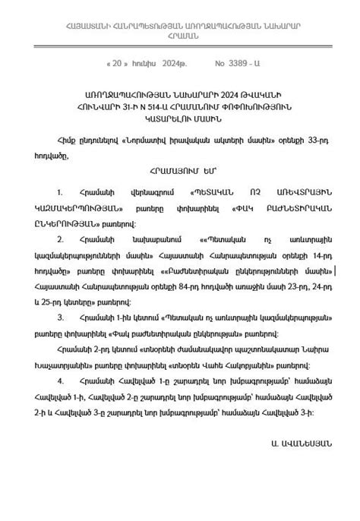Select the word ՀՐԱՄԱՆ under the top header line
click(180, 36)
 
